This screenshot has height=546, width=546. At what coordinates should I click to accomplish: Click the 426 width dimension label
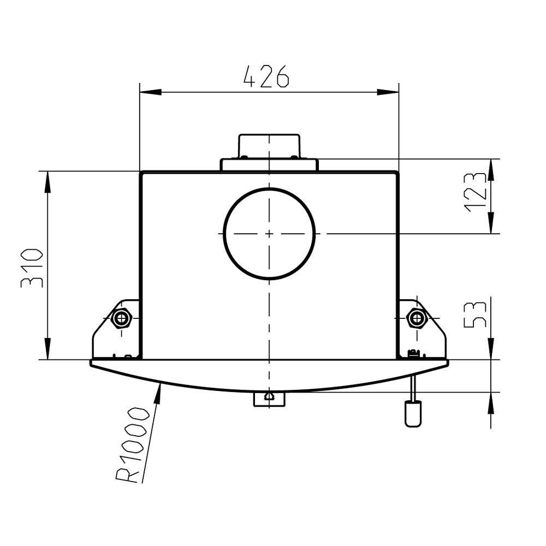[266, 76]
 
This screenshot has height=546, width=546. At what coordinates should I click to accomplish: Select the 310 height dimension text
[32, 268]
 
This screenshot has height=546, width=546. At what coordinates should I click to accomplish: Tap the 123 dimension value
[475, 192]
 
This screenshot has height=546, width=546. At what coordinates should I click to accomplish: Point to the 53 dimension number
[475, 315]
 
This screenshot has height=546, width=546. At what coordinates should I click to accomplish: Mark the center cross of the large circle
[269, 233]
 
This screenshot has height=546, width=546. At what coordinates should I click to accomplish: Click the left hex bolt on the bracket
[122, 318]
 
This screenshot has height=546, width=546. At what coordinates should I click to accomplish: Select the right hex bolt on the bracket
[417, 318]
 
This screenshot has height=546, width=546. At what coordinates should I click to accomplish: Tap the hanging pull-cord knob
[413, 414]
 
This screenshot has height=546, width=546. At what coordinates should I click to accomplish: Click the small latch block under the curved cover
[269, 399]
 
